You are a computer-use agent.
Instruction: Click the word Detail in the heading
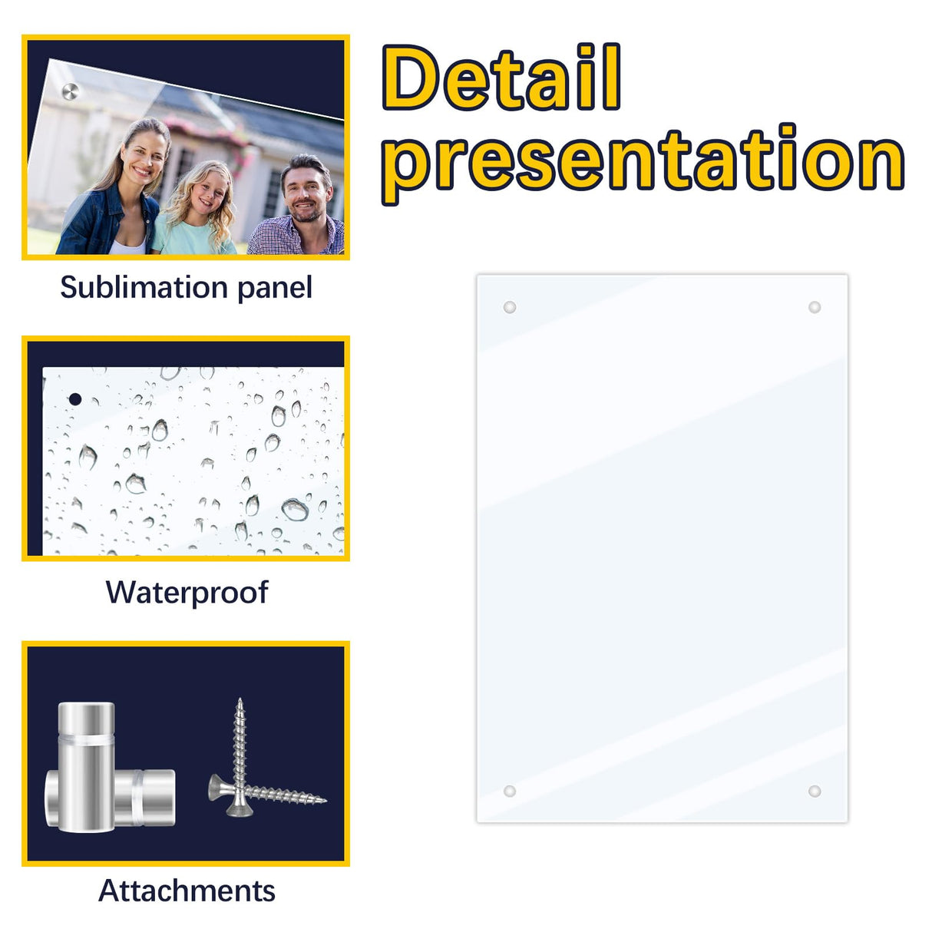point(501,78)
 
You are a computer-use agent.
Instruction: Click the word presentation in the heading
point(643,160)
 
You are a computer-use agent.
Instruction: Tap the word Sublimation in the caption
point(144,288)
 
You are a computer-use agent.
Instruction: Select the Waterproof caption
point(187,593)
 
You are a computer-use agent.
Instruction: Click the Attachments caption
point(187,891)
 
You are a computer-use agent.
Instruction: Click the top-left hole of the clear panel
point(509,307)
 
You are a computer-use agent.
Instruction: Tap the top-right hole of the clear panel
point(815,307)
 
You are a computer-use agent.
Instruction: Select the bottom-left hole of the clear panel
point(509,791)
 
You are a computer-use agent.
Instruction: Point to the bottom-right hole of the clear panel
point(815,791)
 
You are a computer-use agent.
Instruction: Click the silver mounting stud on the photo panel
point(70,92)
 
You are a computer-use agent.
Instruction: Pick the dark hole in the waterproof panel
point(75,399)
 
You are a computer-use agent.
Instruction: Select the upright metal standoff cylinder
point(86,768)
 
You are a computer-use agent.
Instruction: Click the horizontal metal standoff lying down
point(146,798)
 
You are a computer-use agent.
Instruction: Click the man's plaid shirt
point(296,238)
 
